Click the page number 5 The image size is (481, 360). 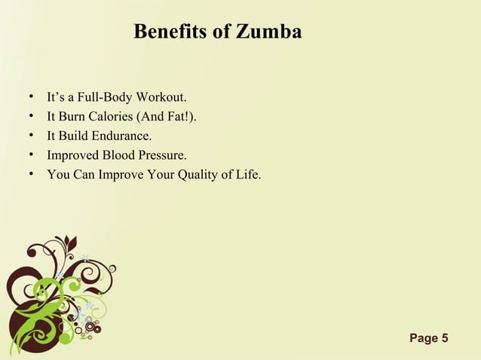coord(446,337)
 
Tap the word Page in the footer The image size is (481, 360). coord(424,337)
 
